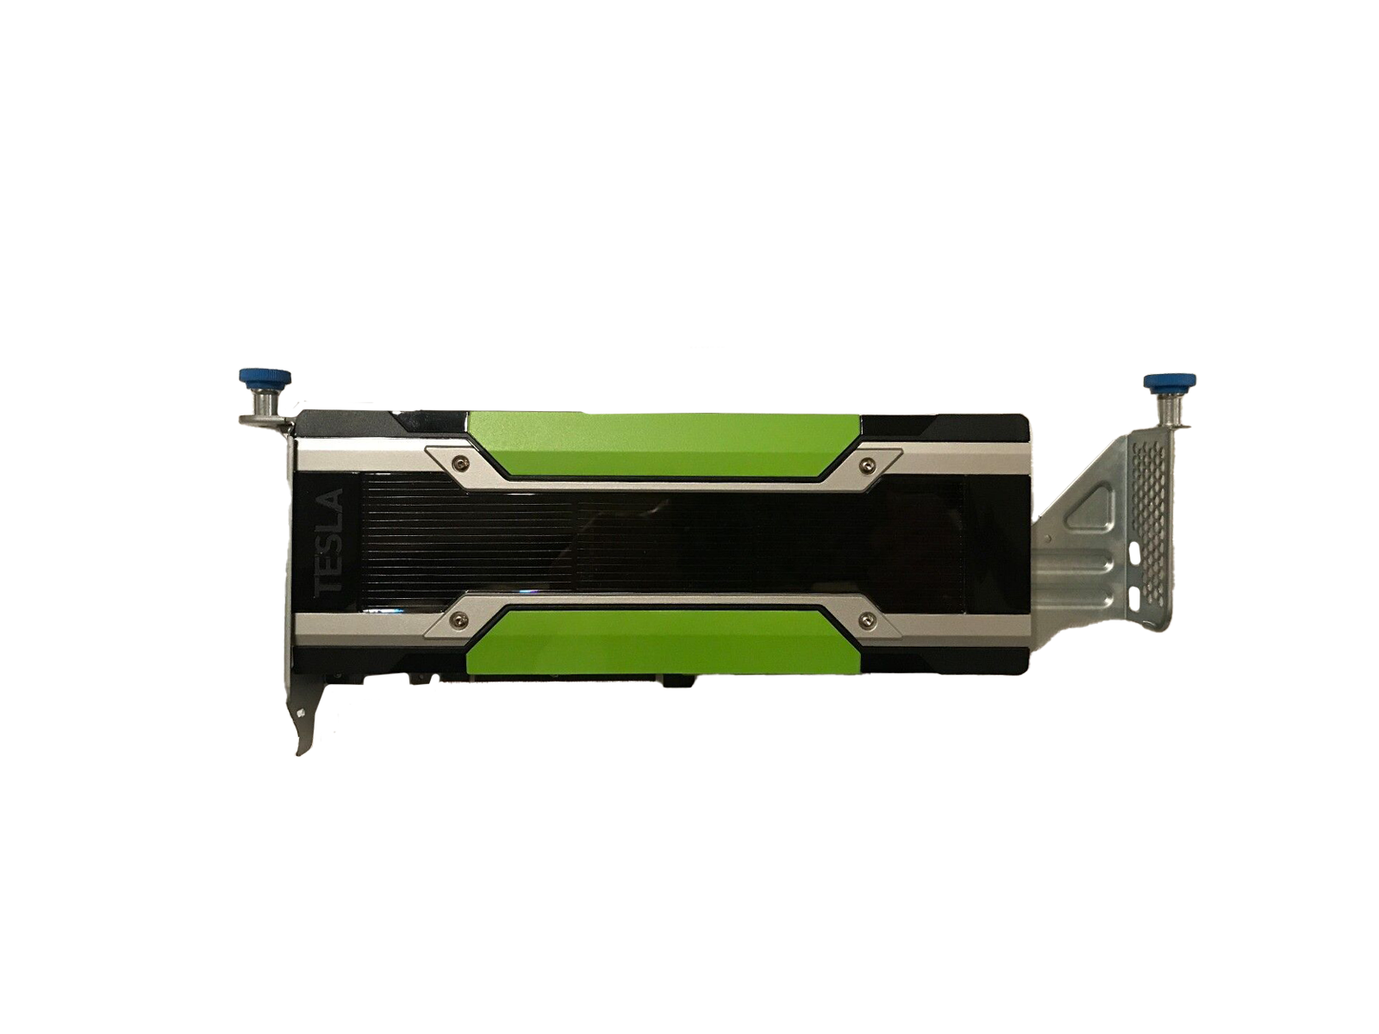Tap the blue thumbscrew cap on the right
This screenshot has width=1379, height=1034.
1163,381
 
